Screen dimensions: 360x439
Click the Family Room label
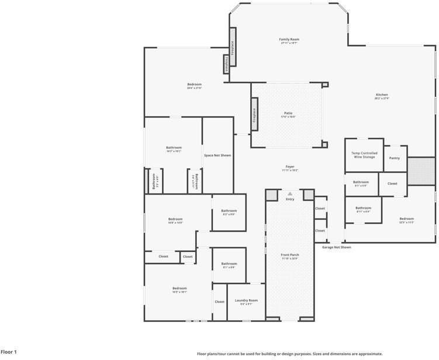click(x=289, y=39)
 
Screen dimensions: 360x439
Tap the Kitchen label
click(x=382, y=95)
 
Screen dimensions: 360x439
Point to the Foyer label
click(x=290, y=167)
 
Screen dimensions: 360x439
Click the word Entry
click(x=290, y=199)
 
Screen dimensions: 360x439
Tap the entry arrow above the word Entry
click(x=290, y=193)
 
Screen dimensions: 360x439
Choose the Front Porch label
click(x=290, y=255)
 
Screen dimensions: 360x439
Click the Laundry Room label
click(x=246, y=300)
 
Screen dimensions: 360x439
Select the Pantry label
click(x=395, y=158)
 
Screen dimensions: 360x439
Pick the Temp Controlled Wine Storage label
click(x=364, y=155)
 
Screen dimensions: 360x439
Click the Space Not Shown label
click(x=217, y=155)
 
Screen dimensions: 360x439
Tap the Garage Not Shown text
click(x=337, y=247)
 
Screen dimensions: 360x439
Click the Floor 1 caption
click(x=9, y=352)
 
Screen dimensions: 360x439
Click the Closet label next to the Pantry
click(x=392, y=184)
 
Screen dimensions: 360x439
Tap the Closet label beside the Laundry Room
click(x=219, y=302)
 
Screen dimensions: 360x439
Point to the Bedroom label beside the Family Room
click(x=194, y=84)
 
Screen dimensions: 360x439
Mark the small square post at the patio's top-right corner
click(x=325, y=85)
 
